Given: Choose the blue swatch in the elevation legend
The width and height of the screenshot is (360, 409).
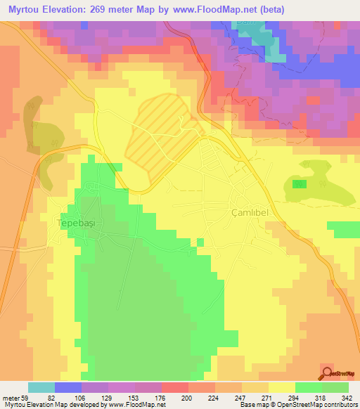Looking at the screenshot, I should click(x=68, y=387).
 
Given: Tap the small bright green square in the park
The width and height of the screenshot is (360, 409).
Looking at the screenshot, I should click(x=300, y=184).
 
